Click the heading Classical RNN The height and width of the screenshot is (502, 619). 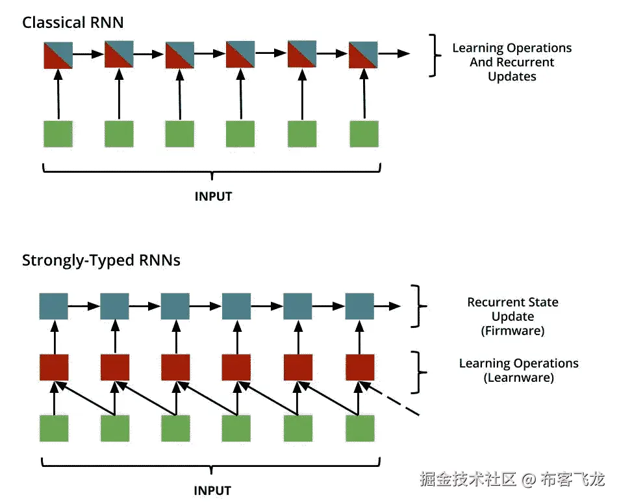73,23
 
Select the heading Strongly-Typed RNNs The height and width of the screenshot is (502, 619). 101,260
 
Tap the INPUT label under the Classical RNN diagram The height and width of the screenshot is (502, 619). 213,195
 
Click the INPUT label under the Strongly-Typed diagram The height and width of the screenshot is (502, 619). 212,490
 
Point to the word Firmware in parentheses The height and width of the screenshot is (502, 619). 512,331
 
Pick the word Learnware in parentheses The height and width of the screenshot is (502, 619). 518,377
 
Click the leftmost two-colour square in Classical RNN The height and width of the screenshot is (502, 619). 58,55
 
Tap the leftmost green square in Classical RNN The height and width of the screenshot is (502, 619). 58,133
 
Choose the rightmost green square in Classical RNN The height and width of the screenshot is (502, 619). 364,133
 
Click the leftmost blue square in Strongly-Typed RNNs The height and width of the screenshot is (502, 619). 54,306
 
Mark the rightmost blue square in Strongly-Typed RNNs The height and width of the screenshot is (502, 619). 359,306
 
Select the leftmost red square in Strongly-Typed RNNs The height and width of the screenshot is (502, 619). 54,367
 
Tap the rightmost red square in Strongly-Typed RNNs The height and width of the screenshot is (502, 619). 360,367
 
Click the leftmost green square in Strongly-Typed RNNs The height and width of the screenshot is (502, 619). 54,428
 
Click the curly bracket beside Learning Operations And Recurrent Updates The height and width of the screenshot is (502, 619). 435,56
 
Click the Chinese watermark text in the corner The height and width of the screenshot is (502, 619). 512,479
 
